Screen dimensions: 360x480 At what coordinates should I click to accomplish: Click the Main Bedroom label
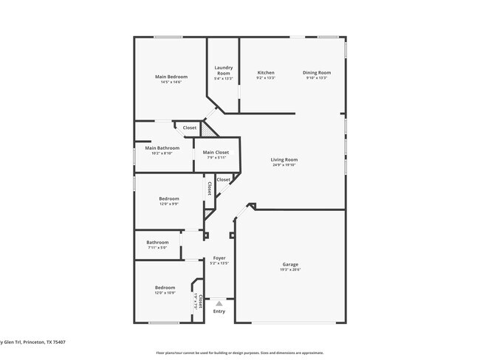tap(171, 77)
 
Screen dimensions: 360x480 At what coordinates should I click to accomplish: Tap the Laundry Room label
tap(224, 71)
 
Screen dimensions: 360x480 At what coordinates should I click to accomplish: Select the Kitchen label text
tap(266, 72)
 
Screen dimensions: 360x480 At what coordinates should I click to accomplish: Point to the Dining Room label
tap(317, 72)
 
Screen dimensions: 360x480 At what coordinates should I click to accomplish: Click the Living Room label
tap(284, 159)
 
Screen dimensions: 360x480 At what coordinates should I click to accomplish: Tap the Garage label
tap(290, 264)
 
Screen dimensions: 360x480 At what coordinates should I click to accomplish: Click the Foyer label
tap(219, 257)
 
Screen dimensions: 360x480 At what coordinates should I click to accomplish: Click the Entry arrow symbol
tap(219, 302)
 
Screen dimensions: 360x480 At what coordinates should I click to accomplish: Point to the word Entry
tap(219, 311)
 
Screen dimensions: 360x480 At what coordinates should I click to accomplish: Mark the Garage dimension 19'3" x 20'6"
tap(290, 269)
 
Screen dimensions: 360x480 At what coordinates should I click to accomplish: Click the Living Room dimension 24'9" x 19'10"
tap(284, 165)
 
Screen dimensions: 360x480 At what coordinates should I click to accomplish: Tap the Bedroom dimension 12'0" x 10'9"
tap(165, 293)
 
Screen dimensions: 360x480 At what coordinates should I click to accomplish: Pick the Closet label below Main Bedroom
tap(190, 128)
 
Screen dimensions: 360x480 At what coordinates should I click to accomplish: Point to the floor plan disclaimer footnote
tap(239, 353)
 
